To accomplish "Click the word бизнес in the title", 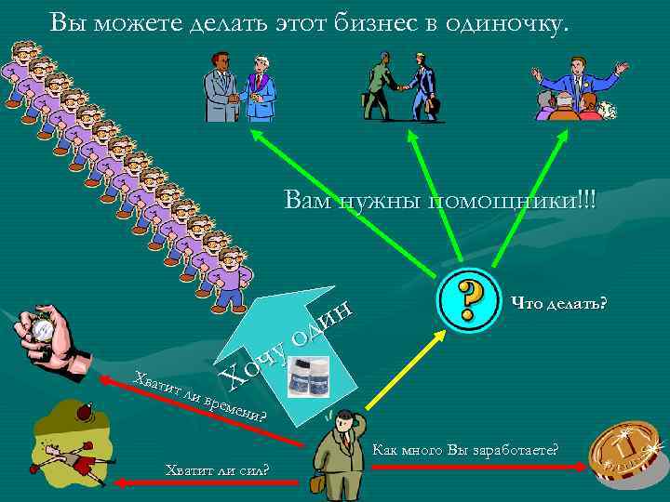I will (x=369, y=20).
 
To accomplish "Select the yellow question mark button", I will (x=471, y=299).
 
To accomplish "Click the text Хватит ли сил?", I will (x=216, y=468).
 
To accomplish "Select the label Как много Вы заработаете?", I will (x=464, y=450).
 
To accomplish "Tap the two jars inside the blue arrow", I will (x=309, y=379).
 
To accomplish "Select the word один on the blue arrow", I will (x=320, y=322).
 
